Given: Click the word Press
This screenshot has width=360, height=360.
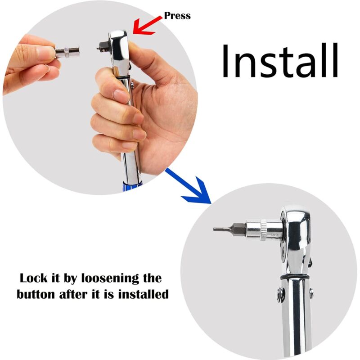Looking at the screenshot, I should (x=177, y=16).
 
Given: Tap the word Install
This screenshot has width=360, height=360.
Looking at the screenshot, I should (x=279, y=60).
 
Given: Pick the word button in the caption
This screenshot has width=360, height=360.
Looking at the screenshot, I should (x=37, y=295).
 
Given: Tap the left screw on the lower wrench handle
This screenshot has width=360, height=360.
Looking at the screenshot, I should (x=279, y=295).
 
